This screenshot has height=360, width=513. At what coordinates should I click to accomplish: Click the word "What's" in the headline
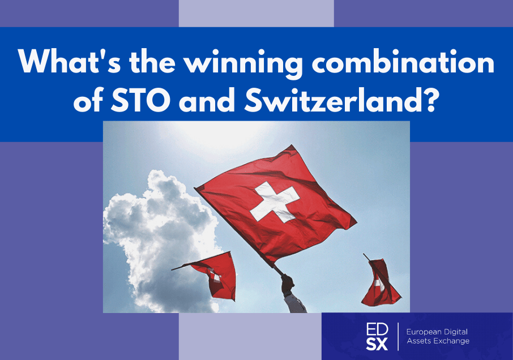(69, 61)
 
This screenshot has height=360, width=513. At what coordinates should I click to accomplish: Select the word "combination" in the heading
(403, 61)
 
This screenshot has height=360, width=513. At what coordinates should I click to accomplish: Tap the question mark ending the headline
(429, 99)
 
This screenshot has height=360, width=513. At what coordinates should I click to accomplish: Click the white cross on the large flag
(274, 202)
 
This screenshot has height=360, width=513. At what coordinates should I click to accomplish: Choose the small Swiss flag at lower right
(380, 282)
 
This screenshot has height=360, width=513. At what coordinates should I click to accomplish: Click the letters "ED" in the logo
(377, 329)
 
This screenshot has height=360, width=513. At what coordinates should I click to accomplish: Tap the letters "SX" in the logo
(377, 344)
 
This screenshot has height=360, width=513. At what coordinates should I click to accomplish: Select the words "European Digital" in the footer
(437, 332)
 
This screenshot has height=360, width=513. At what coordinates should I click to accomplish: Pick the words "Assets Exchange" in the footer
(438, 341)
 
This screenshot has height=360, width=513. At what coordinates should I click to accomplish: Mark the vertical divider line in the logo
(398, 336)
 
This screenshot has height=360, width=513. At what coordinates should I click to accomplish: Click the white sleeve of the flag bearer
(294, 303)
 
